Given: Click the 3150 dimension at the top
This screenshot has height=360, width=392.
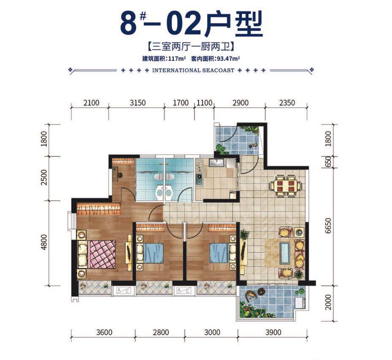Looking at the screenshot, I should tap(137, 103).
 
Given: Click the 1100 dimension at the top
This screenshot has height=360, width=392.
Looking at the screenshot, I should tap(204, 103).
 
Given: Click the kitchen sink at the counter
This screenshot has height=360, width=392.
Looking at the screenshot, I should tap(219, 164).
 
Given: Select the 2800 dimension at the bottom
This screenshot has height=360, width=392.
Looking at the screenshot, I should tap(160, 332).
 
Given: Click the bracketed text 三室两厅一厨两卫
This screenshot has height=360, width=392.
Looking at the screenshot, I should tap(190, 47).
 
